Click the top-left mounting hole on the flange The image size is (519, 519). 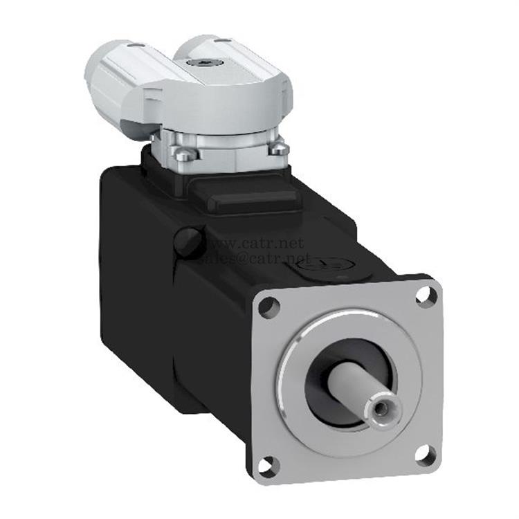coord(269,304)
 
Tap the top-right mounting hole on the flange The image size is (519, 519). coord(426,295)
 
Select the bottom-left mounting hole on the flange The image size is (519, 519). coord(268,466)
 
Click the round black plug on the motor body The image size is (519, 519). coord(188,241)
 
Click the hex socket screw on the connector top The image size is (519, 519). coord(208,63)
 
